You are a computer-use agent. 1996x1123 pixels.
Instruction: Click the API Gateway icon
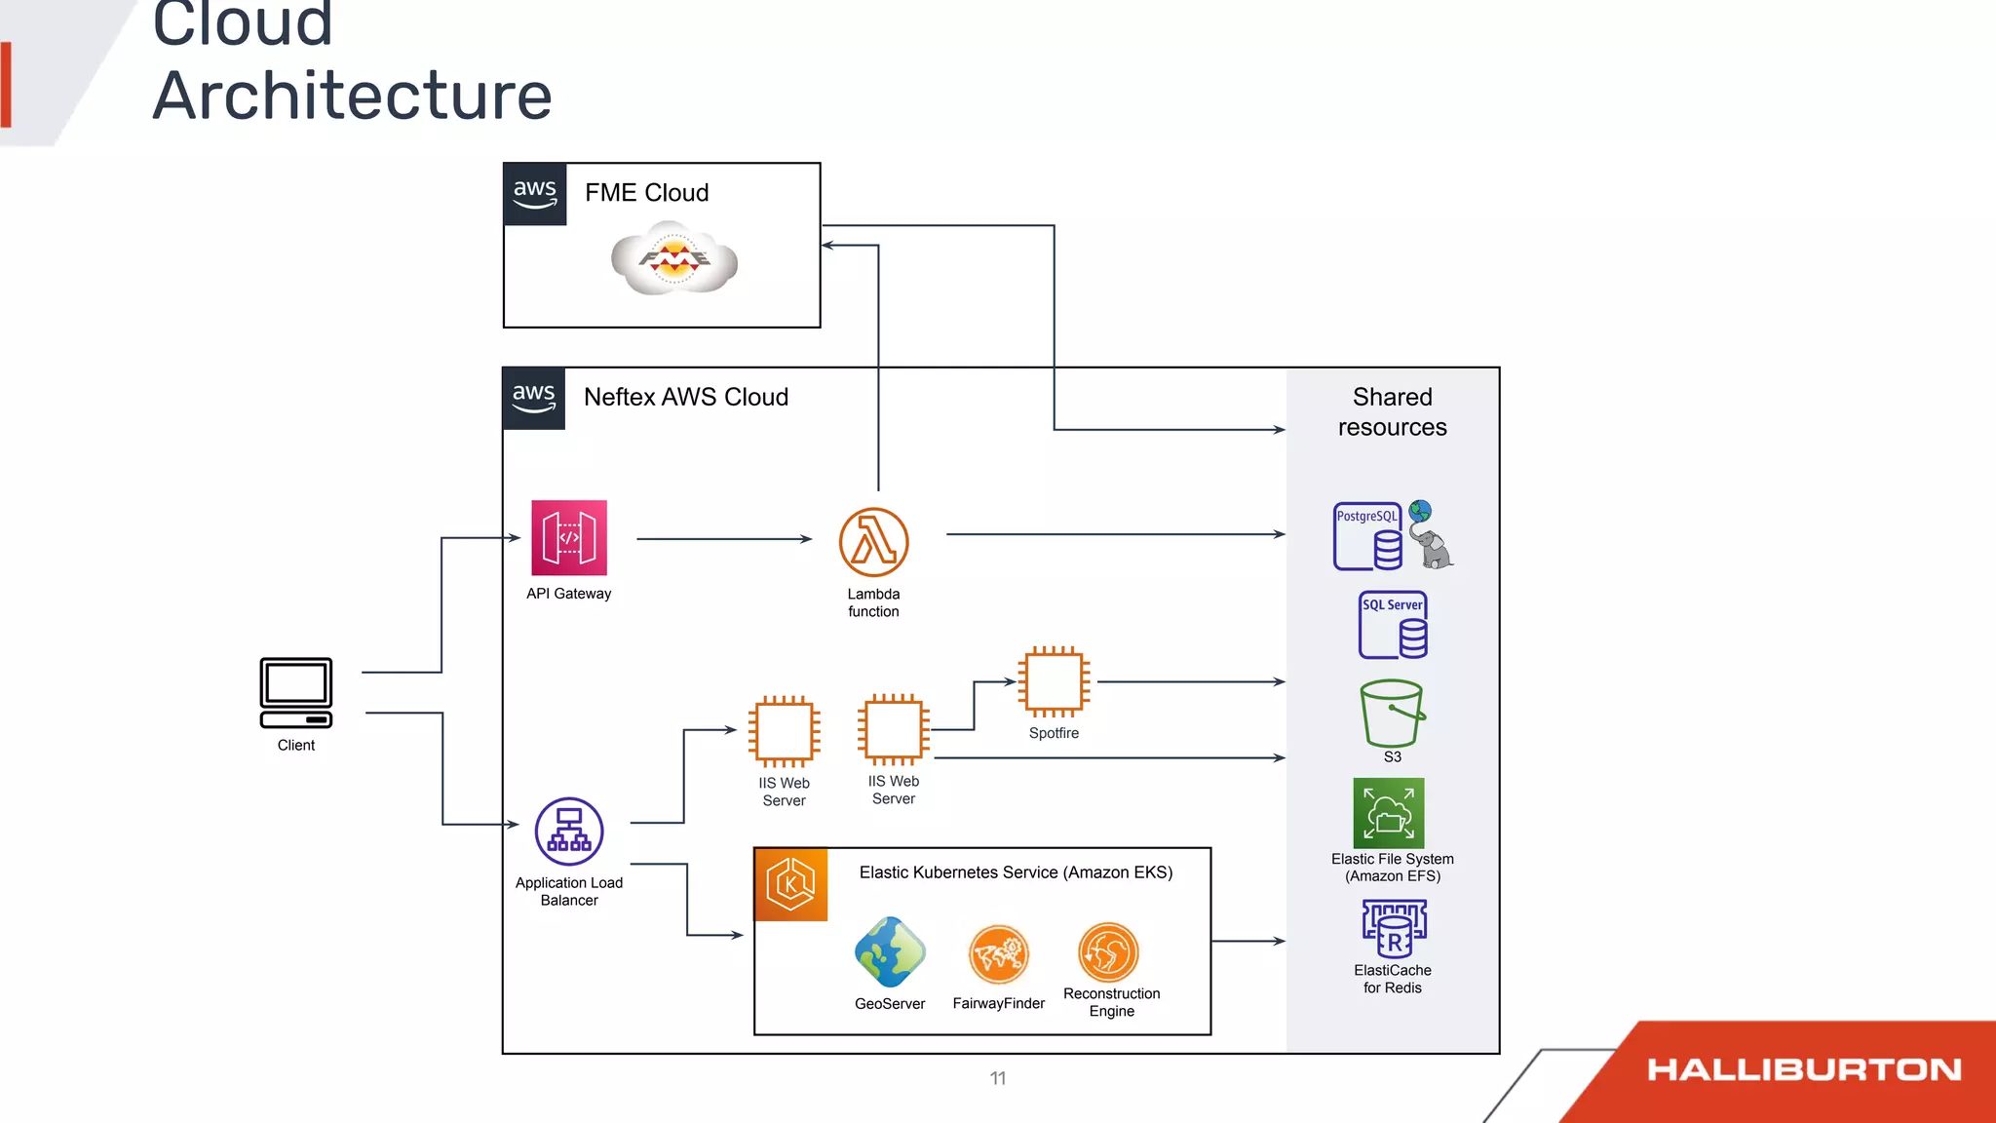click(569, 537)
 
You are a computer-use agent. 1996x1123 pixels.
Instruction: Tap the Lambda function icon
click(873, 542)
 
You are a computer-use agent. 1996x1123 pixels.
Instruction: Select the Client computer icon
click(296, 692)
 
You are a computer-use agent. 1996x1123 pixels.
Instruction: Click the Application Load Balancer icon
click(569, 832)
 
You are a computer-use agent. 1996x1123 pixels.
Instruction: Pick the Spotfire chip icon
click(1054, 681)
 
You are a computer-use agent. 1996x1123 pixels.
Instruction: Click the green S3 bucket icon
click(1392, 713)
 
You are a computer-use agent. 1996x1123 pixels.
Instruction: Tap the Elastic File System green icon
click(1389, 813)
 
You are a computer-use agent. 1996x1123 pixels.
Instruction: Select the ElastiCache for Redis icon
click(1394, 929)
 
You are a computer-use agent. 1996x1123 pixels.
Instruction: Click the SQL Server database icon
click(1393, 625)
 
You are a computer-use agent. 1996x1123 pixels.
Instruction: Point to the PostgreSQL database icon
click(1368, 536)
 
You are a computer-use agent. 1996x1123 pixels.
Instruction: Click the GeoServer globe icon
click(889, 951)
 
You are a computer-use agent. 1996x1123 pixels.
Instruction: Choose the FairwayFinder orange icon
click(999, 953)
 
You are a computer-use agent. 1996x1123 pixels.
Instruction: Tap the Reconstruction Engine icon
click(1108, 951)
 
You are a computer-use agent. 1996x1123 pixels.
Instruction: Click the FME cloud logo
click(673, 258)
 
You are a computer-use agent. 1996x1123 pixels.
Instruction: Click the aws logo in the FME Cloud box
click(535, 194)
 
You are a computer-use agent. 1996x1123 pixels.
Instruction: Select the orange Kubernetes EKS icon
click(790, 884)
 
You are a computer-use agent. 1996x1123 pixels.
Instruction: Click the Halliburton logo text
click(1804, 1069)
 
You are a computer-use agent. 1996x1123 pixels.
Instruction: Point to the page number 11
click(998, 1078)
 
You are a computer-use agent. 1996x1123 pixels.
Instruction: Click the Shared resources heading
click(1392, 411)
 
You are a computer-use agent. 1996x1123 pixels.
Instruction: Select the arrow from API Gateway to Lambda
click(723, 539)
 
